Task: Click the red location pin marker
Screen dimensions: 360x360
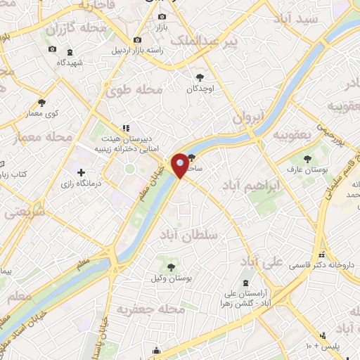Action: [180, 165]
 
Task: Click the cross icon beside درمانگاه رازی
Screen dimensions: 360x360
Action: [82, 172]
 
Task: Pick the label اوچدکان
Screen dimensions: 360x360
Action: [200, 89]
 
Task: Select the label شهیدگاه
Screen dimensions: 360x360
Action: [70, 63]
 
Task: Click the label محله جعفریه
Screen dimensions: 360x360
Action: [150, 309]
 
